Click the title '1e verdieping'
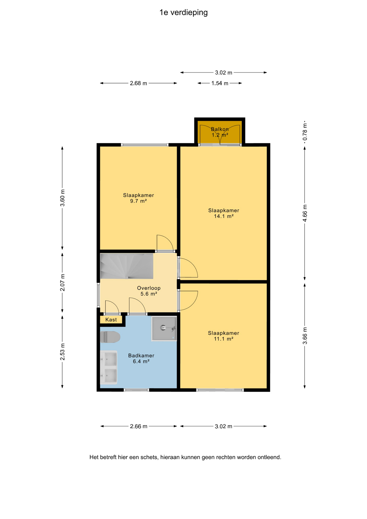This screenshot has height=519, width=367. coord(183,12)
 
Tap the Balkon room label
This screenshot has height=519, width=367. coord(220,129)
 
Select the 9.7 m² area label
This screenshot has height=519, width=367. coord(138,201)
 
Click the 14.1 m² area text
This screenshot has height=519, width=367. coord(223,216)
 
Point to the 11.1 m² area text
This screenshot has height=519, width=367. coord(223,339)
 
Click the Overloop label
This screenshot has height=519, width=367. coord(149,288)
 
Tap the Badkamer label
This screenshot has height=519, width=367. coord(141,356)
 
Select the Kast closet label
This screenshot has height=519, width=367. coord(111,320)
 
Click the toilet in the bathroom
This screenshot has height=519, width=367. coord(110,337)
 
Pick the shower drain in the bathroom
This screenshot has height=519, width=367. coord(163,328)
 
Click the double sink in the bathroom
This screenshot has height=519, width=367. coord(109,367)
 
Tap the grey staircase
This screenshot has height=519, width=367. coord(126,266)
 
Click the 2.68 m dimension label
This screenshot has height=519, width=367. coord(138,83)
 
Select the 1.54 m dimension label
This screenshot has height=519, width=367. coord(220,83)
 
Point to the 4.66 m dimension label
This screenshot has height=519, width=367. coord(305,213)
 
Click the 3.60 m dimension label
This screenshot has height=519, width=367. coord(62,198)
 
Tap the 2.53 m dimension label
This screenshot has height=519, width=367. coord(62,352)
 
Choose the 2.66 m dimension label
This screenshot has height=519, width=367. coord(139,427)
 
